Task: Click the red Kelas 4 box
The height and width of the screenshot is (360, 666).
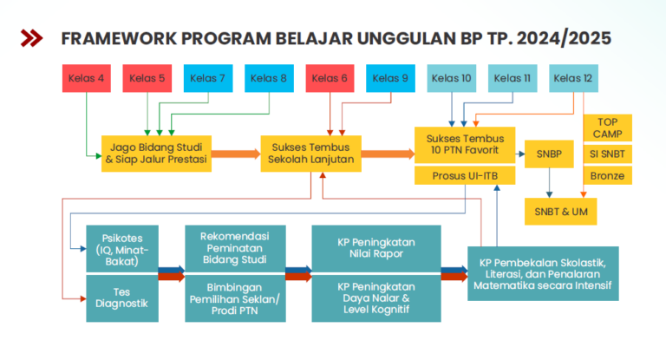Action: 87,78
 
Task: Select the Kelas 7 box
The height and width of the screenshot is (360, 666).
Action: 208,78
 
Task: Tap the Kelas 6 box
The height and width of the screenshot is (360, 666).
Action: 330,78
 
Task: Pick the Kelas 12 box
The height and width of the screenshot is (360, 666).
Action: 573,78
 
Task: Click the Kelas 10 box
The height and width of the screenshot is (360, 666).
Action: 452,78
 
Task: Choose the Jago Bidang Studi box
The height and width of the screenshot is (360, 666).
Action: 156,154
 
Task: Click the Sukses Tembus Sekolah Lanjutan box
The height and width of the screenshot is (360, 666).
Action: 311,154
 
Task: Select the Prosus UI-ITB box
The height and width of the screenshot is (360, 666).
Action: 465,175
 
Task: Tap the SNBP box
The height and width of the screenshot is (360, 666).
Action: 549,154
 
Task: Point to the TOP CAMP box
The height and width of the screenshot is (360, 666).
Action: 608,128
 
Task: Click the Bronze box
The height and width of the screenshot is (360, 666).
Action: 608,175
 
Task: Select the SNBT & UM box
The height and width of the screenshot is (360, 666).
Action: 561,212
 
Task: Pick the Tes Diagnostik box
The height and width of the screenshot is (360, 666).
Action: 122,298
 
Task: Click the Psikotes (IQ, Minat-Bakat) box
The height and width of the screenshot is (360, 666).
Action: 122,249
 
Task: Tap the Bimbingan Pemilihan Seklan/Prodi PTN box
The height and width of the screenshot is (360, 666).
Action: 235,298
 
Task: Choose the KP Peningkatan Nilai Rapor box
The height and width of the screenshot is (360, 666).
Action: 376,249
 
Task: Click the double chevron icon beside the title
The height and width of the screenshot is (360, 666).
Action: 31,38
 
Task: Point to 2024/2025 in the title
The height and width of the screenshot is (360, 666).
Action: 564,38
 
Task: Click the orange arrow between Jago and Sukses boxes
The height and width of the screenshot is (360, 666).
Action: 236,154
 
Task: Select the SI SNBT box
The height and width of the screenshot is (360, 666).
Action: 608,154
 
